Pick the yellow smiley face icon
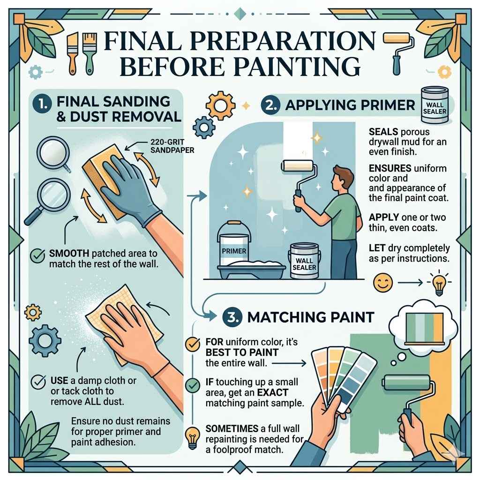click(x=381, y=283)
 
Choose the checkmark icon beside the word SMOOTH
click(x=37, y=256)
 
